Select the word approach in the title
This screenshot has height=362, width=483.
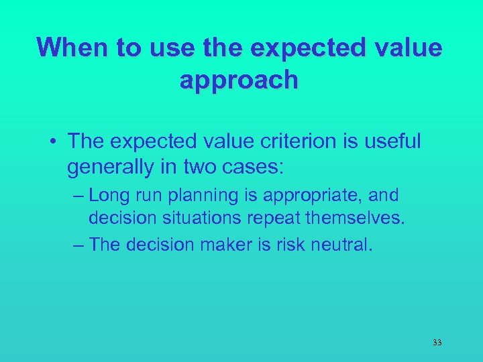click(x=239, y=80)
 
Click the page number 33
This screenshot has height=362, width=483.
click(x=437, y=343)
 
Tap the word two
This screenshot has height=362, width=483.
click(x=199, y=167)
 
